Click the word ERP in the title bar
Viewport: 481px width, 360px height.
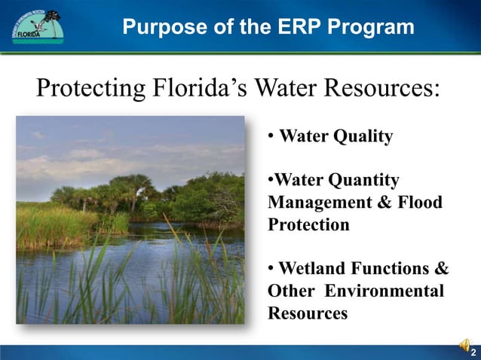277,28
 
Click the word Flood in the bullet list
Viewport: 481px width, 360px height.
419,203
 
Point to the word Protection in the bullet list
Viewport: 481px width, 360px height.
308,225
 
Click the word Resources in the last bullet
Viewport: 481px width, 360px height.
308,313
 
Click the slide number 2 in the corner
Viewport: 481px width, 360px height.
472,352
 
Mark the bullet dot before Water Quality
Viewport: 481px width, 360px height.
271,137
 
